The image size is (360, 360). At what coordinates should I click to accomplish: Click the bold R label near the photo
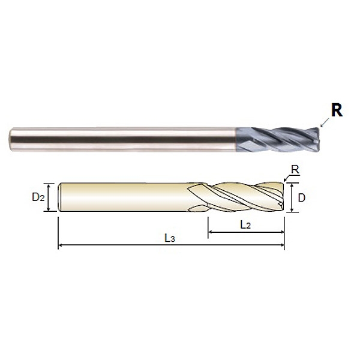(337, 110)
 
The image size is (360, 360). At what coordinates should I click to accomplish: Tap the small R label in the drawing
(295, 170)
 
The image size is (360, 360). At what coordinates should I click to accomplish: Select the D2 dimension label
(38, 197)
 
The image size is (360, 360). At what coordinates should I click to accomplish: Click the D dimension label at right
(301, 197)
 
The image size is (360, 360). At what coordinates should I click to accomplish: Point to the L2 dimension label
(245, 224)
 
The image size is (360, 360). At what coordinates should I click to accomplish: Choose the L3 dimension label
(170, 238)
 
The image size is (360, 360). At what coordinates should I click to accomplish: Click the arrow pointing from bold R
(325, 122)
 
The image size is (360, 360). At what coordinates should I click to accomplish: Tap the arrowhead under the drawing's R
(286, 180)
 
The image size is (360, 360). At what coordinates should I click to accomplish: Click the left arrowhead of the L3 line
(60, 245)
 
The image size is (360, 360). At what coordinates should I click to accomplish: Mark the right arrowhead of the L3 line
(282, 245)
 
